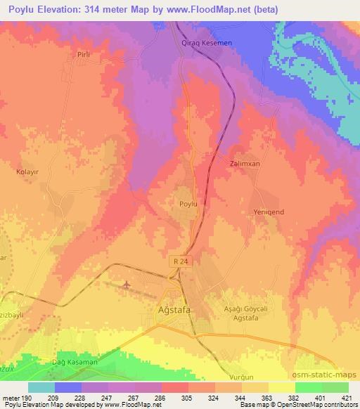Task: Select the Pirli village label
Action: [x=85, y=53]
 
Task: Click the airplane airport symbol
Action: [x=127, y=285]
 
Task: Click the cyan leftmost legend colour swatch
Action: [x=41, y=387]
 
